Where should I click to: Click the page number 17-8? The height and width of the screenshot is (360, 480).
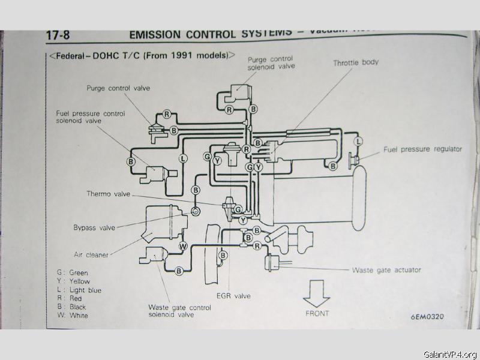[x=58, y=35]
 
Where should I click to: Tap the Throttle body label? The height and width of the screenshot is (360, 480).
[x=356, y=62]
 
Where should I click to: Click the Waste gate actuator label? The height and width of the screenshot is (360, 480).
[x=386, y=270]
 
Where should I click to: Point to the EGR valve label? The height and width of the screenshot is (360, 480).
[x=234, y=296]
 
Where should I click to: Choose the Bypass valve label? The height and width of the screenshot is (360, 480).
[x=94, y=227]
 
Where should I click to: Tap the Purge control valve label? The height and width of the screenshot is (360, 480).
[x=118, y=88]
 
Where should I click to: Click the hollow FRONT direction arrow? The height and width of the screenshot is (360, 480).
[x=316, y=295]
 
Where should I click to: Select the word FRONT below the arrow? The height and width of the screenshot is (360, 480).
[x=317, y=313]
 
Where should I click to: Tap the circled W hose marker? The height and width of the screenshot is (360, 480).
[x=183, y=246]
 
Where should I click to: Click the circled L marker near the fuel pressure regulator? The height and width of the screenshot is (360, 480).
[x=358, y=142]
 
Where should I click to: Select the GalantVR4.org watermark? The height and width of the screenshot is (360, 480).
[x=449, y=354]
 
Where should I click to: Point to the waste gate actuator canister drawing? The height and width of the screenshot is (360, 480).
[x=273, y=262]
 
